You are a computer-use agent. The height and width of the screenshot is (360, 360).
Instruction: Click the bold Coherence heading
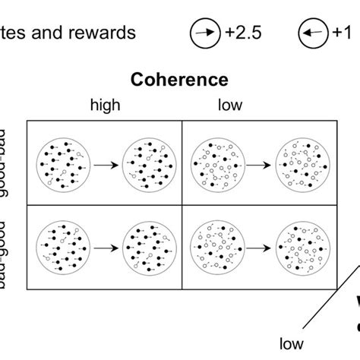179,80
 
